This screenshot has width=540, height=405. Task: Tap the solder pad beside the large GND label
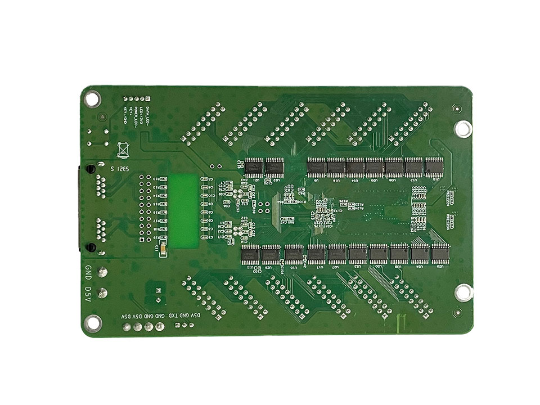103,273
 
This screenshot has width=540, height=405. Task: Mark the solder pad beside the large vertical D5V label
103,294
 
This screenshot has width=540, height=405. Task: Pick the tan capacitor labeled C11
163,245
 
